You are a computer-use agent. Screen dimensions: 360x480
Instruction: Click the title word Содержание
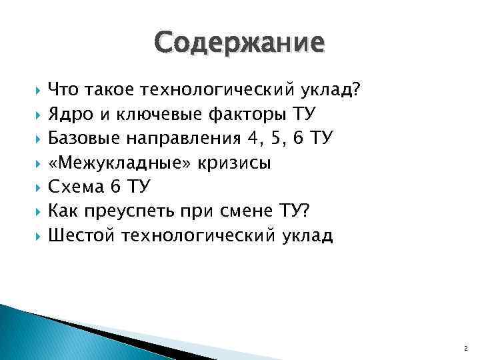tap(240, 43)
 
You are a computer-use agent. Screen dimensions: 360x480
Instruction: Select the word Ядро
tap(70, 114)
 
